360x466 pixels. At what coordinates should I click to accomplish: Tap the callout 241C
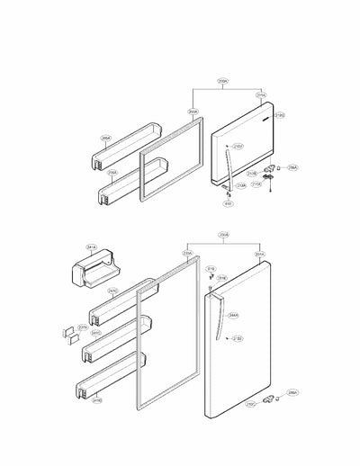[x=112, y=291]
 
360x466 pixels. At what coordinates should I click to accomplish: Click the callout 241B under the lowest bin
[x=95, y=400]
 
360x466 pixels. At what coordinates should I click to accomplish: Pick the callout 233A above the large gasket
[x=187, y=254]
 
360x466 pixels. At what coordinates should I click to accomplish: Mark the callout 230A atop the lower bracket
[x=223, y=236]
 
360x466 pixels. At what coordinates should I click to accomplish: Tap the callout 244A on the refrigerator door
[x=233, y=315]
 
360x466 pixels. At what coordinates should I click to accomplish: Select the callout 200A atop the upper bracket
[x=222, y=80]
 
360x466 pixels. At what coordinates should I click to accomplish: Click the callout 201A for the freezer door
[x=261, y=94]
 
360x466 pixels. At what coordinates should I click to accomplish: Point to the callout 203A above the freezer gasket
[x=193, y=112]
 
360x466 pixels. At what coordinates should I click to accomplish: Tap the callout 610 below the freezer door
[x=228, y=203]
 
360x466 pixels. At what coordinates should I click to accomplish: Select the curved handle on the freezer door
[x=222, y=162]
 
